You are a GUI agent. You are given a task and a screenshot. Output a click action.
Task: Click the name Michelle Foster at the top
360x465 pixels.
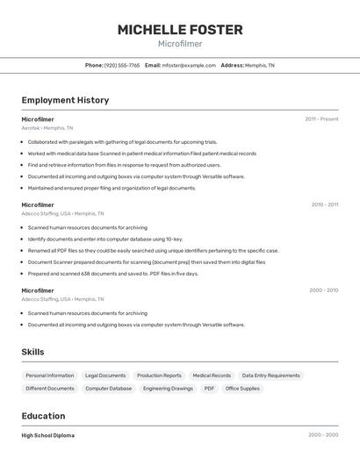[180, 30]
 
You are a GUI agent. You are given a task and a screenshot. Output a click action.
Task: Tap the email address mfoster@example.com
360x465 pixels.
[189, 65]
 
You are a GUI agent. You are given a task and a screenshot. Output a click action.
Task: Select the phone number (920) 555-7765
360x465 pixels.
[122, 65]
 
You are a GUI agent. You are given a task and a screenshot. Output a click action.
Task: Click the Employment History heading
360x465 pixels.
[65, 100]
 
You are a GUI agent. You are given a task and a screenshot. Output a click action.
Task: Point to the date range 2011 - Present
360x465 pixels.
[321, 119]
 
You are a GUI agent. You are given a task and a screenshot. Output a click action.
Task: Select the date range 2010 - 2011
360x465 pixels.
[324, 204]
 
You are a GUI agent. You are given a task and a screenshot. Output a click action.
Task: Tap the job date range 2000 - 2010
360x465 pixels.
[323, 290]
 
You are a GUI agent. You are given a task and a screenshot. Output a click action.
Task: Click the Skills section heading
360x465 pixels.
[33, 352]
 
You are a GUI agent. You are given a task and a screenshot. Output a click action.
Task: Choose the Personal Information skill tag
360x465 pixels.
[50, 376]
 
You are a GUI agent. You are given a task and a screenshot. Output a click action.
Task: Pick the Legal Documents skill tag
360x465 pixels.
[105, 376]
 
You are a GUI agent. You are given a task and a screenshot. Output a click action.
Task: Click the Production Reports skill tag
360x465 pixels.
[159, 376]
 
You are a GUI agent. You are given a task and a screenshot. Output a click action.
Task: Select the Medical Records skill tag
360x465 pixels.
[212, 376]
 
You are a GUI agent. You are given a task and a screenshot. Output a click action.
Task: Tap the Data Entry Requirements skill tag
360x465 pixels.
[270, 376]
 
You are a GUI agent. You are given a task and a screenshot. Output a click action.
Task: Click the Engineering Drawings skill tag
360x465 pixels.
[168, 388]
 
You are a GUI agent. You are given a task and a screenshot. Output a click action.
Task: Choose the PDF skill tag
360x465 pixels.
[209, 388]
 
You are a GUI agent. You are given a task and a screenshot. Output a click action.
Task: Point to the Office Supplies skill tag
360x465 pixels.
[242, 388]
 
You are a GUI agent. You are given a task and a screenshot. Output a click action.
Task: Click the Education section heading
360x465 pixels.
[43, 416]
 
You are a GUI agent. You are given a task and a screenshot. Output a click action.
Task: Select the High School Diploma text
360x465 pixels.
[48, 435]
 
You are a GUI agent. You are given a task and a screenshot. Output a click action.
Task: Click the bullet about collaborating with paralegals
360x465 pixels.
[122, 142]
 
